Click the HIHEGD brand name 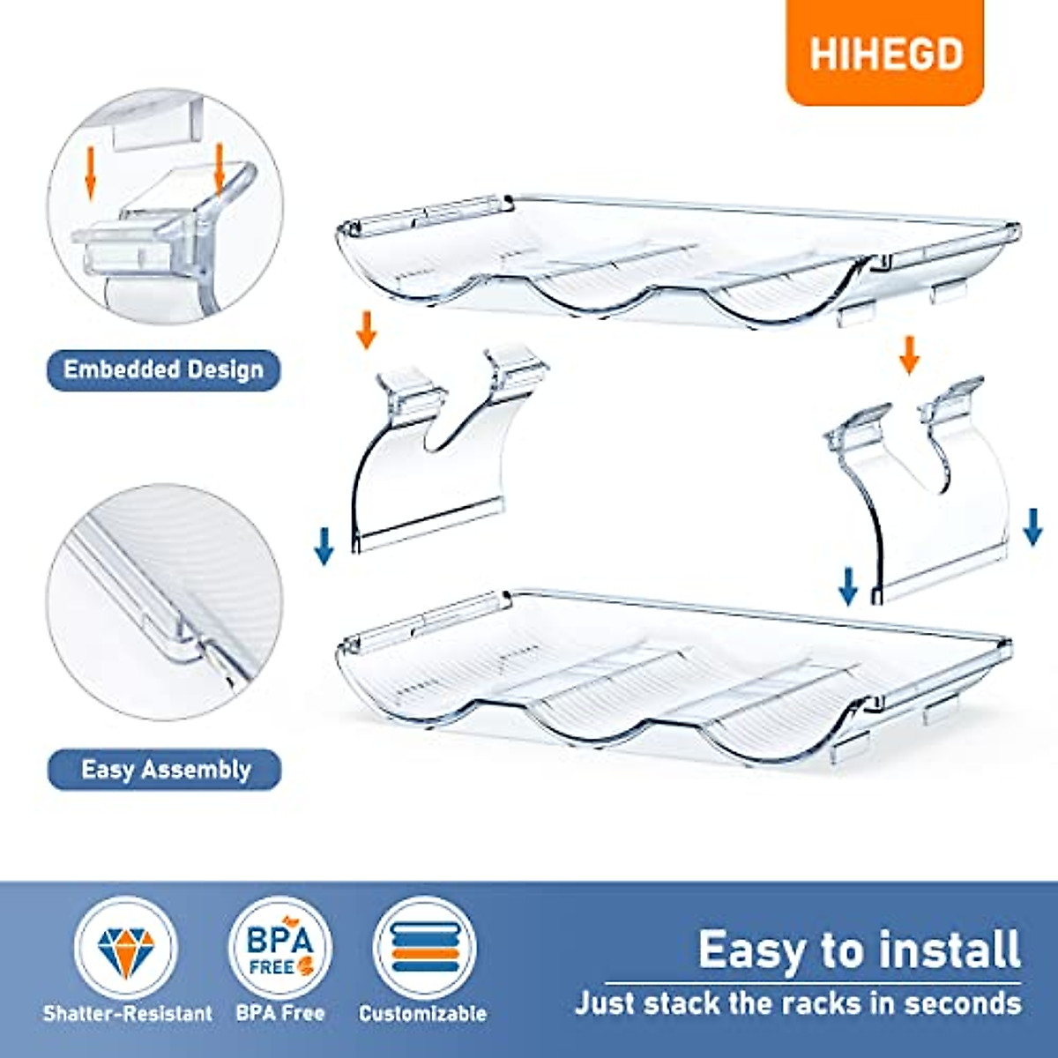(885, 55)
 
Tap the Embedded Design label (163, 369)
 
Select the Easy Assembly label (166, 770)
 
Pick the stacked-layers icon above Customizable (424, 949)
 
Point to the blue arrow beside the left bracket (324, 545)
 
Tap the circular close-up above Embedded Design (165, 208)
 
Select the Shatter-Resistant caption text (128, 1014)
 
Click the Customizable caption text (422, 1014)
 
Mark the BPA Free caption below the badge (279, 1014)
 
